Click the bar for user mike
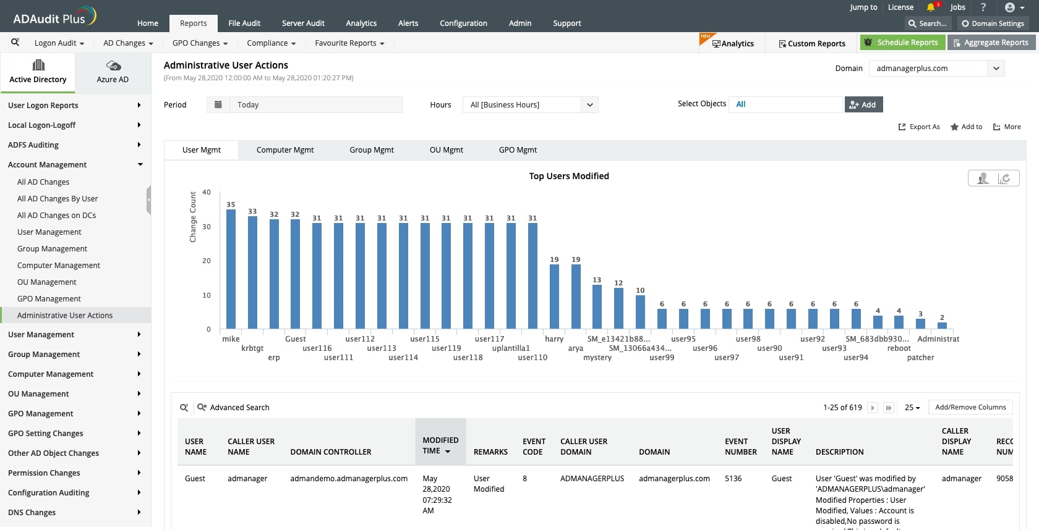click(x=231, y=269)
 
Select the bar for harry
click(x=554, y=297)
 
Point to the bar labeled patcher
click(x=920, y=324)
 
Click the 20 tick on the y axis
click(x=207, y=261)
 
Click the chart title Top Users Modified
click(x=569, y=176)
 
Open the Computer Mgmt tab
click(x=285, y=150)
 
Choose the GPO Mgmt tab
click(x=518, y=150)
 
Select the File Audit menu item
click(x=244, y=23)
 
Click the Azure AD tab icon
click(x=113, y=65)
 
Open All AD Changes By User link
click(x=58, y=199)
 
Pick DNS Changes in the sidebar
click(x=32, y=513)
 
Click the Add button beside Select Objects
click(x=863, y=104)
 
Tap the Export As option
click(x=919, y=127)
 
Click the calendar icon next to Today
click(x=218, y=104)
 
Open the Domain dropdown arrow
click(x=996, y=69)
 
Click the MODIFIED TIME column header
click(x=440, y=445)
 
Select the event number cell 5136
click(x=733, y=479)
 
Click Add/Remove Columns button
click(x=970, y=407)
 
